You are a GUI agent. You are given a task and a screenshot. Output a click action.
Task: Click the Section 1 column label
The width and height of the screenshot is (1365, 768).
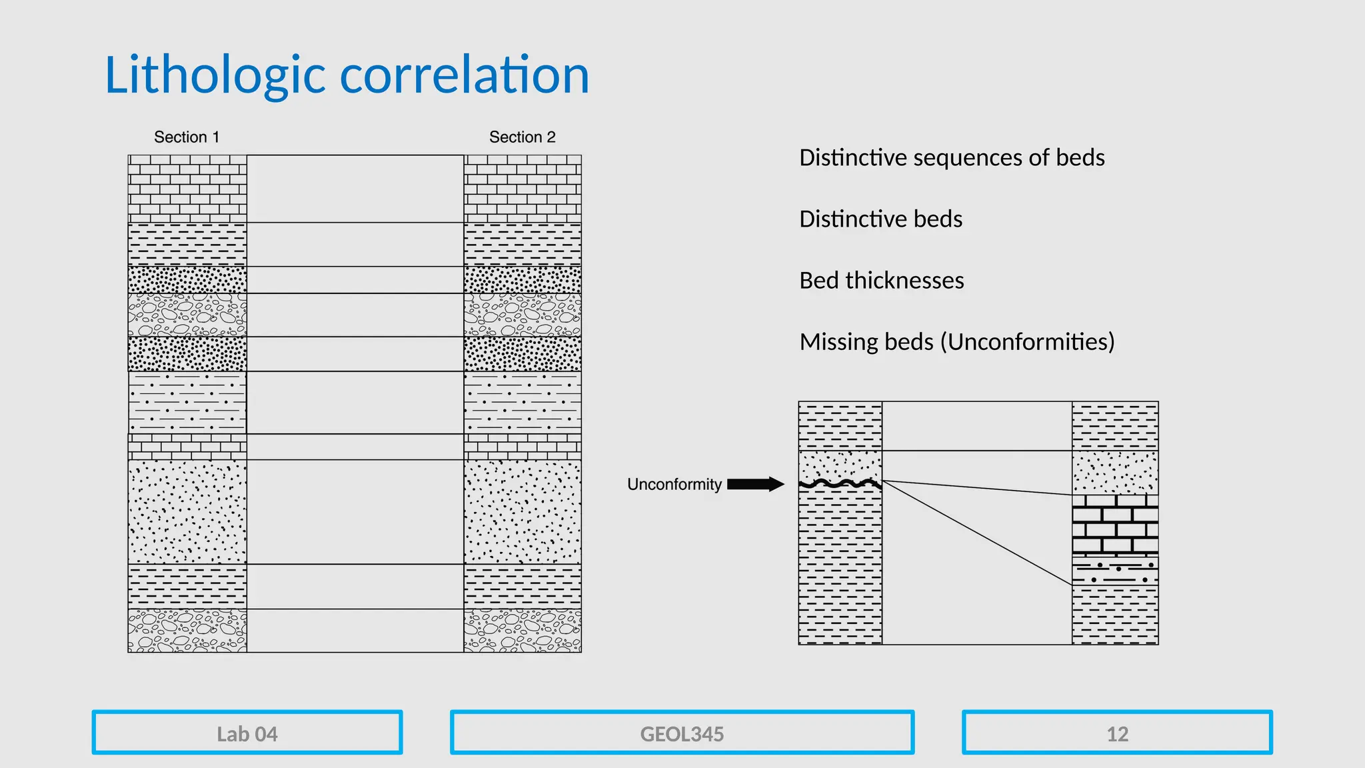pyautogui.click(x=187, y=137)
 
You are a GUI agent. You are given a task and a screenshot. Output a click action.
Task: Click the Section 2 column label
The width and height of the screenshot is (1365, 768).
pyautogui.click(x=522, y=137)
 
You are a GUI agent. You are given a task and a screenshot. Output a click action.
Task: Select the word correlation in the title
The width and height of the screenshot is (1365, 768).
pyautogui.click(x=465, y=75)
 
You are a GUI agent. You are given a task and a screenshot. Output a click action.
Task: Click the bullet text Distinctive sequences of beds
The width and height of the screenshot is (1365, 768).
pyautogui.click(x=952, y=158)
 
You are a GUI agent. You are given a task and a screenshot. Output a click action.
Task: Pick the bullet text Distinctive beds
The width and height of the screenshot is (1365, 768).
pyautogui.click(x=880, y=219)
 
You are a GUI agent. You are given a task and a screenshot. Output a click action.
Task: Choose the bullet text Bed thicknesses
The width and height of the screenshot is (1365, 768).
pyautogui.click(x=881, y=281)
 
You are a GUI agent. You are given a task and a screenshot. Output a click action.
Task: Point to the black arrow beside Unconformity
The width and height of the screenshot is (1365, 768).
pyautogui.click(x=755, y=484)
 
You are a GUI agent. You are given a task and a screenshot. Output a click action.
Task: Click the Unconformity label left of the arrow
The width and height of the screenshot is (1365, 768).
pyautogui.click(x=674, y=485)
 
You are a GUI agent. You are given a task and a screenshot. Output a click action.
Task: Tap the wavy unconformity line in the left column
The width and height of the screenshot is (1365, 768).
pyautogui.click(x=840, y=484)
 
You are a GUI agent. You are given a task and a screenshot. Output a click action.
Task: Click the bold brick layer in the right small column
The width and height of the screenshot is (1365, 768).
pyautogui.click(x=1115, y=525)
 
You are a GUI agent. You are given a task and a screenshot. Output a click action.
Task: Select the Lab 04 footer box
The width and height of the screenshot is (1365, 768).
pyautogui.click(x=247, y=733)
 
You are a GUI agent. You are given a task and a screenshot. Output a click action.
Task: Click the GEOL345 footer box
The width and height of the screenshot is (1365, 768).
pyautogui.click(x=682, y=733)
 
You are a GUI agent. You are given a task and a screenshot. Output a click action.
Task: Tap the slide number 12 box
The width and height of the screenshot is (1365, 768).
pyautogui.click(x=1117, y=733)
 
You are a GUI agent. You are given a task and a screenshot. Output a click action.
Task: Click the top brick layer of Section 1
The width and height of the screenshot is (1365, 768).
pyautogui.click(x=187, y=189)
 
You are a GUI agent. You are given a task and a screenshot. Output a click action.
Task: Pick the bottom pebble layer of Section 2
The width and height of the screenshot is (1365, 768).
pyautogui.click(x=523, y=631)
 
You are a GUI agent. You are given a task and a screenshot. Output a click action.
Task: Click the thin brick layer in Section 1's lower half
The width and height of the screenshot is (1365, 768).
pyautogui.click(x=187, y=447)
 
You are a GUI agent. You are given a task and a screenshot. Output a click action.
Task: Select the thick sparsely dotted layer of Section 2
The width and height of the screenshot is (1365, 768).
pyautogui.click(x=523, y=511)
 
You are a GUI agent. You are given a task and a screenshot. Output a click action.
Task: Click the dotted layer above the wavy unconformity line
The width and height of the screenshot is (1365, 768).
pyautogui.click(x=840, y=465)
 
